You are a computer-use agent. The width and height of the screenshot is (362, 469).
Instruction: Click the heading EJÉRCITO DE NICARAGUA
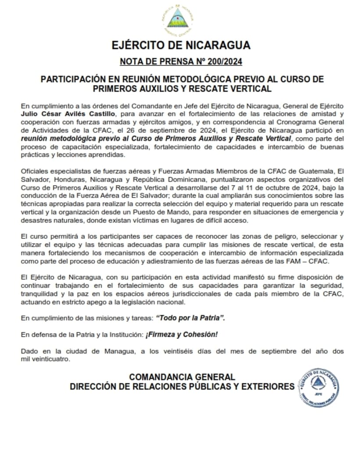(181, 45)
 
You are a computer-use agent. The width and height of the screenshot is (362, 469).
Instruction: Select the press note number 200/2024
(221, 61)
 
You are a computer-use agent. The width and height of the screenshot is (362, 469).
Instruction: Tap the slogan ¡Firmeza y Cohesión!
(181, 335)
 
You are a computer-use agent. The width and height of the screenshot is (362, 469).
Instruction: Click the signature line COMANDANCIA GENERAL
(182, 377)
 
